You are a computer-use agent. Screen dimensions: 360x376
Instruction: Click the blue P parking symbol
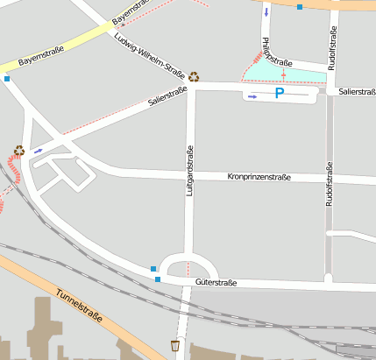[x=280, y=93]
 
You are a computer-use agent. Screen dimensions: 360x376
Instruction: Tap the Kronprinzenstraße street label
[x=259, y=177]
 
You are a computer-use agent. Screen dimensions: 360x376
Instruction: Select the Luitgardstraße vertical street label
[x=188, y=170]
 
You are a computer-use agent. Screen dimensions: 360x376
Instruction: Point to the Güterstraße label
[x=216, y=283]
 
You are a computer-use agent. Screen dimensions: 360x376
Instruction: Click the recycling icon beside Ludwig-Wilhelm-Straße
[x=194, y=77]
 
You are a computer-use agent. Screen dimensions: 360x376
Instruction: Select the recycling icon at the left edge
[x=18, y=151]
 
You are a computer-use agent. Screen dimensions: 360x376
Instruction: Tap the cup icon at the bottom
[x=175, y=345]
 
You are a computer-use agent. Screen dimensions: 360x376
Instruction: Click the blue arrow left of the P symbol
[x=252, y=97]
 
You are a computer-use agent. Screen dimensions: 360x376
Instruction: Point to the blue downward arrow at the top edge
[x=266, y=12]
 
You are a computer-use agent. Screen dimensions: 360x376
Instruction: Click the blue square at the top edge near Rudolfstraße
[x=300, y=7]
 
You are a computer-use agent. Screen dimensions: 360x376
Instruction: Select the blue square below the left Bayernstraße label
[x=7, y=79]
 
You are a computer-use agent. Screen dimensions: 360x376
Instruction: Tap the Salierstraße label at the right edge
[x=357, y=91]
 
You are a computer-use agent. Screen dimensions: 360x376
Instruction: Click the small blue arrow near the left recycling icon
[x=38, y=151]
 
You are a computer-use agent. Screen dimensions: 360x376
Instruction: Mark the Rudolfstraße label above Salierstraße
[x=332, y=48]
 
